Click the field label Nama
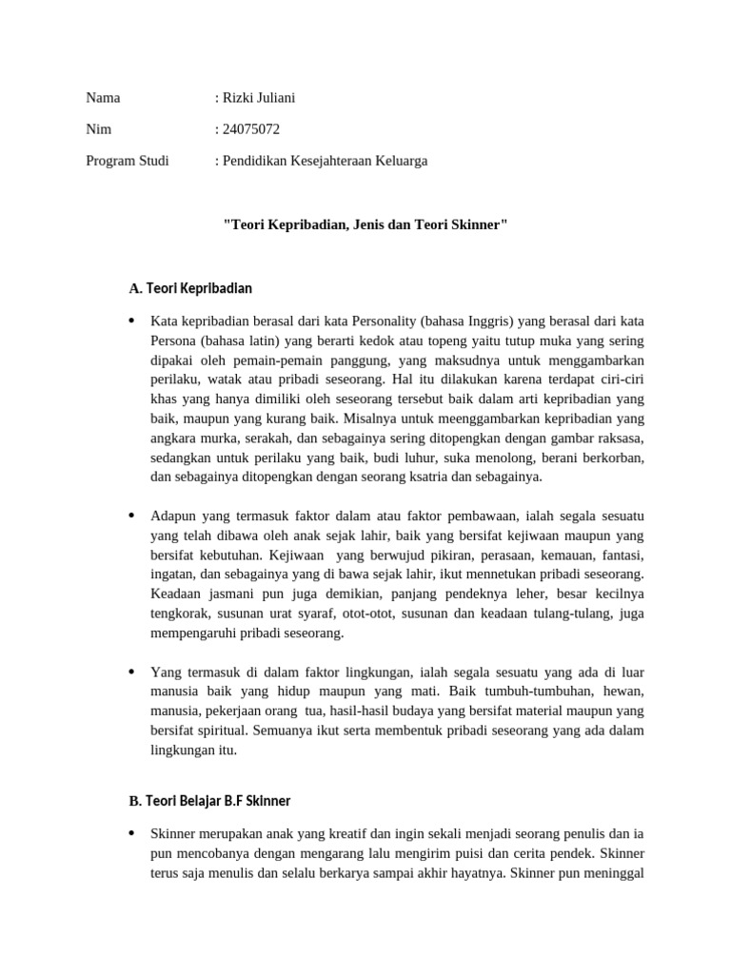103,98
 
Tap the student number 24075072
250,129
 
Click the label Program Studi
128,161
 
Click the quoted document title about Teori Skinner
365,225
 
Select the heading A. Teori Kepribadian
190,288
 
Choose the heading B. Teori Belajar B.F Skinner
209,801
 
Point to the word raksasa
618,438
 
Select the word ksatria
429,477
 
